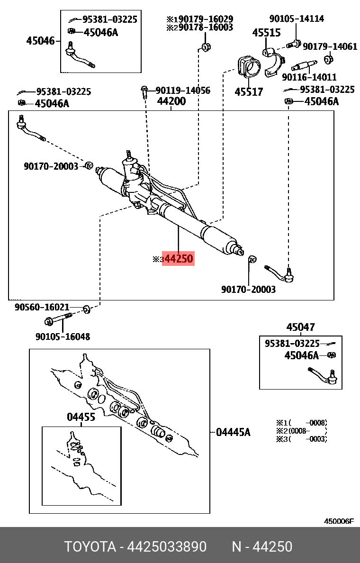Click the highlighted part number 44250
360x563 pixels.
pyautogui.click(x=178, y=259)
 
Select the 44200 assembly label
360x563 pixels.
pyautogui.click(x=171, y=101)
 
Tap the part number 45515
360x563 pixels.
pyautogui.click(x=266, y=33)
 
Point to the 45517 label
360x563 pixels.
pyautogui.click(x=249, y=91)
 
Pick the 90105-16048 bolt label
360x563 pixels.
pyautogui.click(x=63, y=336)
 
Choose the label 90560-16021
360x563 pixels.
pyautogui.click(x=42, y=308)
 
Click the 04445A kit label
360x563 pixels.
pyautogui.click(x=233, y=432)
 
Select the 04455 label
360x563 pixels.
pyautogui.click(x=81, y=417)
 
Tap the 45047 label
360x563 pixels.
pyautogui.click(x=300, y=327)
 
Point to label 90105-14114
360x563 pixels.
pyautogui.click(x=297, y=19)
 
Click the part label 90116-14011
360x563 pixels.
pyautogui.click(x=309, y=77)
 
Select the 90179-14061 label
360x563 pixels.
pyautogui.click(x=330, y=46)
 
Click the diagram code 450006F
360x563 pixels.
pyautogui.click(x=338, y=521)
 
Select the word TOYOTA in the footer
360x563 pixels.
pyautogui.click(x=90, y=547)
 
